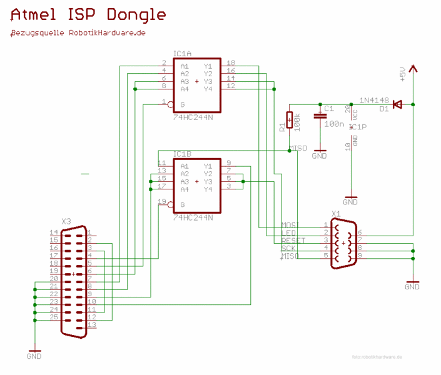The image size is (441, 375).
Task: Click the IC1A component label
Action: (x=182, y=54)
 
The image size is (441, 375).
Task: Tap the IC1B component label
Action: (x=182, y=154)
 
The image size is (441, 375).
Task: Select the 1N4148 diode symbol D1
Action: (x=396, y=104)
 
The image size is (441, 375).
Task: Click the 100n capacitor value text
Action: (x=334, y=124)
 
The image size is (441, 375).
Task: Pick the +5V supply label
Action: (x=402, y=75)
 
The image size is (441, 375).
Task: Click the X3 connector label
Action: (x=66, y=221)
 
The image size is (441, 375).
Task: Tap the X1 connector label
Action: (x=336, y=214)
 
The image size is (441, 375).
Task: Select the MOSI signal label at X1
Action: (x=291, y=224)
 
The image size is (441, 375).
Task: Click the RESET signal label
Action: (x=293, y=241)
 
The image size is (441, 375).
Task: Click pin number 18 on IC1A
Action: (x=231, y=63)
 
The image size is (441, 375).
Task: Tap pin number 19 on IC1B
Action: (x=162, y=201)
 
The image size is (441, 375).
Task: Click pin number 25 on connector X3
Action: (x=54, y=317)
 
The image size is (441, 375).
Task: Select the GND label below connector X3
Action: (x=34, y=356)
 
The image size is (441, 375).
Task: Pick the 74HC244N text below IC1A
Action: (x=193, y=117)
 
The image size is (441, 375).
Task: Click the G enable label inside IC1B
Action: (x=183, y=204)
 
